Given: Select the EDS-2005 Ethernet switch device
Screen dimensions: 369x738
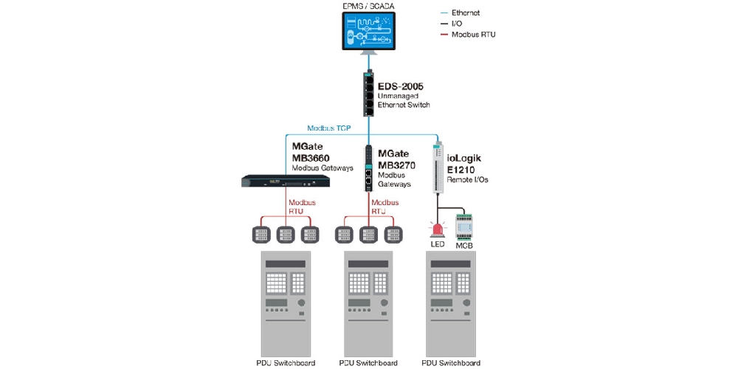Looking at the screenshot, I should pyautogui.click(x=369, y=94).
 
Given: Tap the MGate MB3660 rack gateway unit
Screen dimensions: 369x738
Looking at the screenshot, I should pyautogui.click(x=285, y=181).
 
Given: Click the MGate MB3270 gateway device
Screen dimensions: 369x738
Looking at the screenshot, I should pyautogui.click(x=369, y=168).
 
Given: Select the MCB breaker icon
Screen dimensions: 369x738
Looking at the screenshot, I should pyautogui.click(x=463, y=225).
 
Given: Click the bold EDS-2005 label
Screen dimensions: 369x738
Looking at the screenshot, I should pyautogui.click(x=402, y=86).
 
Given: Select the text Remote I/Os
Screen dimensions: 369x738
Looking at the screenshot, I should pyautogui.click(x=468, y=179).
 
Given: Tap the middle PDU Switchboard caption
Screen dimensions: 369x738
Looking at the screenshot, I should pyautogui.click(x=368, y=362).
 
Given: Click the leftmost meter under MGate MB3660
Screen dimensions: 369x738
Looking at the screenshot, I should pyautogui.click(x=262, y=233).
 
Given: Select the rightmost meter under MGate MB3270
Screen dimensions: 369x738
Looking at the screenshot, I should pyautogui.click(x=392, y=233).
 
